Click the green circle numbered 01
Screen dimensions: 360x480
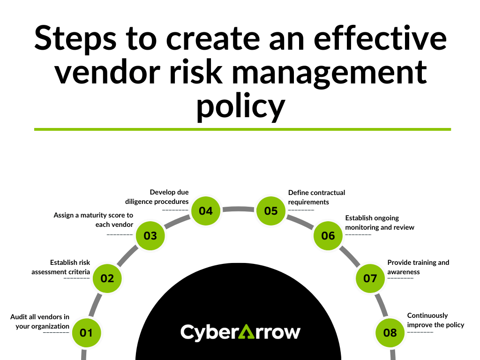86,333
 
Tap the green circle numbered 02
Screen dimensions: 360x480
107,278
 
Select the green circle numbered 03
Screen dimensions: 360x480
150,235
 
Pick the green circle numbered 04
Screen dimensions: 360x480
206,211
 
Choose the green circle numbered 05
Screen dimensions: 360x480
271,211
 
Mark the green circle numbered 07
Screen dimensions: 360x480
370,278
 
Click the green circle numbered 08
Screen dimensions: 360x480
390,333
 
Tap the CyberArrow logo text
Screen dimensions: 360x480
240,332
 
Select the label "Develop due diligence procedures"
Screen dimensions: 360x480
157,197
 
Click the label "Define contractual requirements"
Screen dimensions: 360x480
316,197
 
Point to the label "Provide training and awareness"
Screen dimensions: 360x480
418,267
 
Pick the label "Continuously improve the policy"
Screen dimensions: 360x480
435,320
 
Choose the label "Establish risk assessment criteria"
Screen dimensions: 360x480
61,267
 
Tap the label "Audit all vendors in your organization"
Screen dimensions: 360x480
40,322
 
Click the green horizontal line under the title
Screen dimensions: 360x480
242,129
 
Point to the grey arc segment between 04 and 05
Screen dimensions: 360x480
239,208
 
